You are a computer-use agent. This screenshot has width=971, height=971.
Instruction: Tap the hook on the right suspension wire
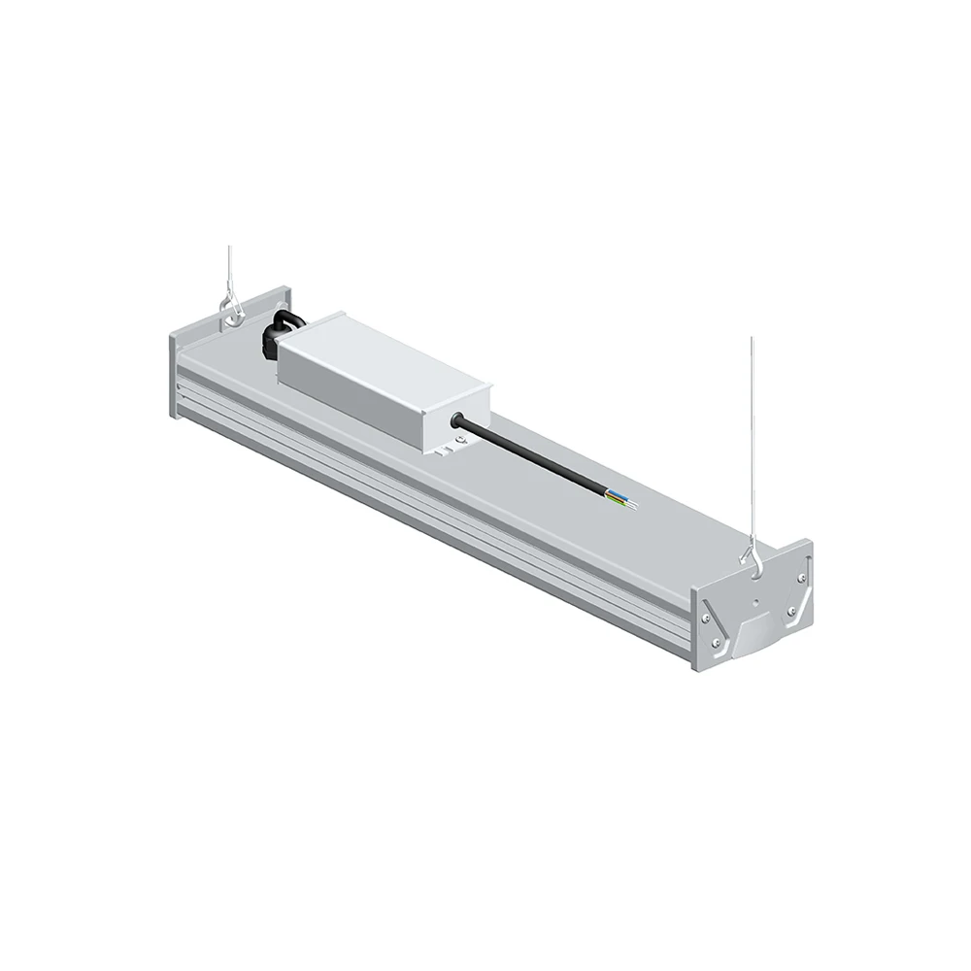[751, 556]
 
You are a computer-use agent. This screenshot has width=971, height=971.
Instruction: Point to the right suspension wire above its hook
[751, 437]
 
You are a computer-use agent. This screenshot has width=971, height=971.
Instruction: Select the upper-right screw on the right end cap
[801, 579]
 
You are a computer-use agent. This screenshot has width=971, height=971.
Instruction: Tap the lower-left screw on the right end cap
[717, 642]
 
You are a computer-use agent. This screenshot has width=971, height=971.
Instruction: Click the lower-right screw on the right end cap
[793, 612]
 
